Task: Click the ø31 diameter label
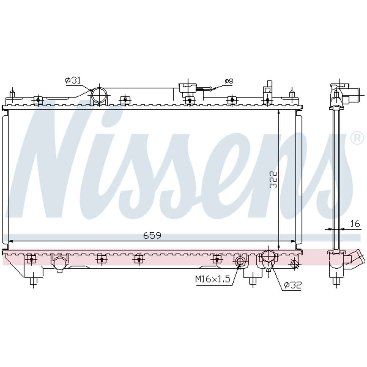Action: click(x=73, y=80)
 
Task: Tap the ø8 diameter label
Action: click(x=229, y=81)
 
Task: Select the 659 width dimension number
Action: click(x=152, y=235)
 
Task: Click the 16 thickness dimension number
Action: click(x=355, y=223)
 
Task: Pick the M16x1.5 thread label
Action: click(x=213, y=279)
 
